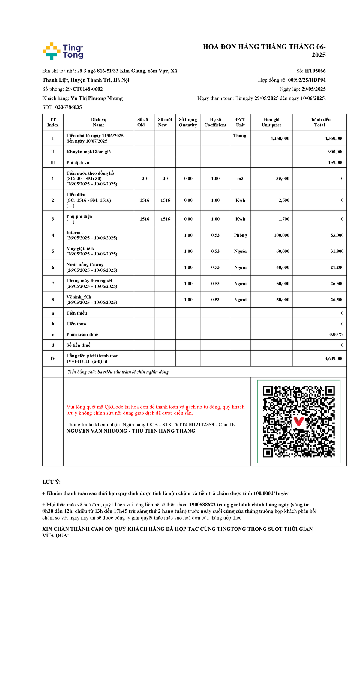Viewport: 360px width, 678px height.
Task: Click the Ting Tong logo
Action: [63, 51]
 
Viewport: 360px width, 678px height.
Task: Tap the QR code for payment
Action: [298, 421]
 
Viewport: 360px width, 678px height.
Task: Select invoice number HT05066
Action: [315, 71]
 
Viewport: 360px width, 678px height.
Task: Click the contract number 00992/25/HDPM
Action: [307, 80]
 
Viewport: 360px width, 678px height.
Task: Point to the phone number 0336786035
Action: [68, 107]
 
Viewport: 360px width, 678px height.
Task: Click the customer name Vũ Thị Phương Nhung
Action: [97, 98]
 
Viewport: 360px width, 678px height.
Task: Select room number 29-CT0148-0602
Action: [84, 89]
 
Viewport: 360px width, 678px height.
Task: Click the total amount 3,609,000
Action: [334, 358]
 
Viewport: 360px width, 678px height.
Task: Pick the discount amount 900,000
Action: [336, 152]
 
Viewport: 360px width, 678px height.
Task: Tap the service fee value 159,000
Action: [336, 162]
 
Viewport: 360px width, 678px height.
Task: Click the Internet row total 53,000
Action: [337, 235]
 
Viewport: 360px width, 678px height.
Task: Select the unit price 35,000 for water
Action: [283, 179]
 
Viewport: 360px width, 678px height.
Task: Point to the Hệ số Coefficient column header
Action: [215, 122]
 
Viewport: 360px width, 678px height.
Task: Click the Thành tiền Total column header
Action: [319, 122]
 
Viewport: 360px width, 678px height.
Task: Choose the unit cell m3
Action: [240, 179]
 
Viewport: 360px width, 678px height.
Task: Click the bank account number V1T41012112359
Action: [194, 424]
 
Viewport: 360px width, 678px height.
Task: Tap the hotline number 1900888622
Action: [202, 505]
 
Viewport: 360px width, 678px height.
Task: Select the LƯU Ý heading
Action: [51, 482]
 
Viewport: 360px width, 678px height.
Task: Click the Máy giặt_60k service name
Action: [80, 249]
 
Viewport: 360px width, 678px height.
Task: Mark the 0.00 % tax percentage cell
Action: [336, 334]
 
